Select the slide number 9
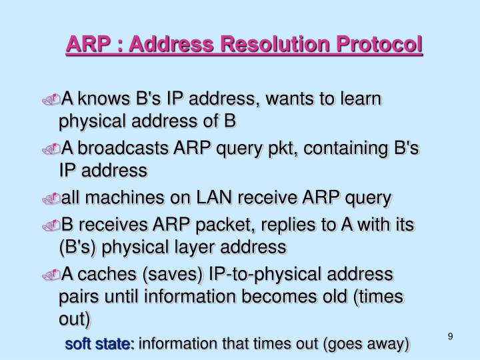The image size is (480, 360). [x=450, y=336]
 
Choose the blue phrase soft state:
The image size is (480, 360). [x=99, y=344]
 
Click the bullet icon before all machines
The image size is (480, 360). [x=54, y=199]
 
